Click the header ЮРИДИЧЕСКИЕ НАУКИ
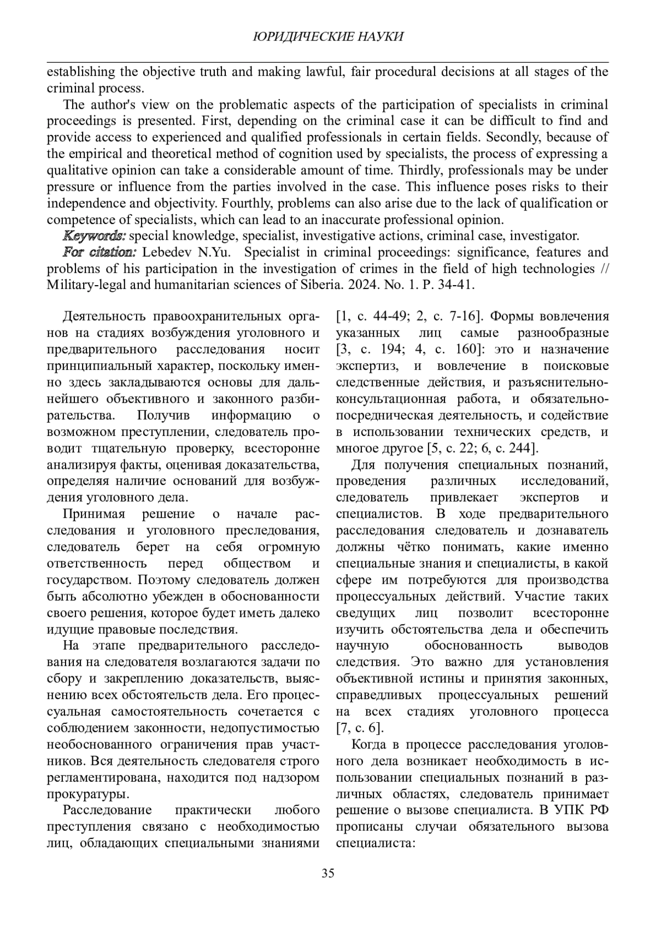pyautogui.click(x=329, y=37)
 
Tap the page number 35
pyautogui.click(x=328, y=872)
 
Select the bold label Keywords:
pyautogui.click(x=95, y=236)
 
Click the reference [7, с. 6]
pyautogui.click(x=360, y=728)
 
